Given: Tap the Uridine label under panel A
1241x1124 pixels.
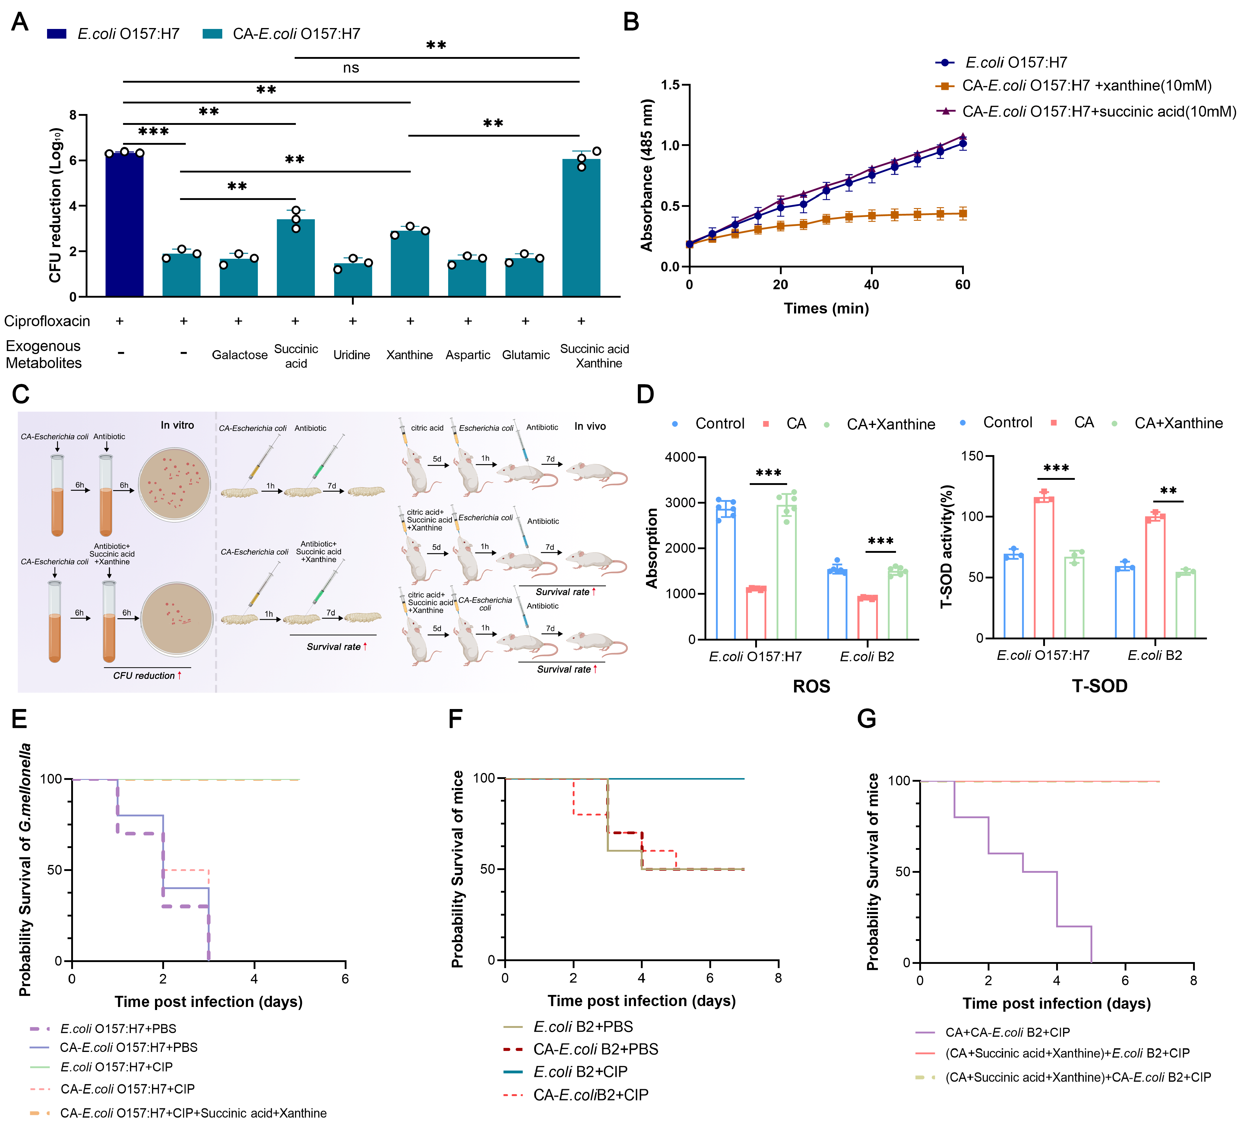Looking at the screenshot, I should pyautogui.click(x=352, y=355).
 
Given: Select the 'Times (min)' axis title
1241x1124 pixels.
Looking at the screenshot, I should pyautogui.click(x=826, y=309).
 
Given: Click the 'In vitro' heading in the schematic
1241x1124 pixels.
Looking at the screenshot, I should pyautogui.click(x=177, y=425).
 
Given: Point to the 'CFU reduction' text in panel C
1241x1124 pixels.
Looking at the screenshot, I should pyautogui.click(x=144, y=676).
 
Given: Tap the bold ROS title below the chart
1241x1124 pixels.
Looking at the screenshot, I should pyautogui.click(x=811, y=686).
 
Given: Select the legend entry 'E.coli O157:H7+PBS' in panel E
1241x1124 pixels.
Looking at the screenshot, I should pyautogui.click(x=118, y=1029).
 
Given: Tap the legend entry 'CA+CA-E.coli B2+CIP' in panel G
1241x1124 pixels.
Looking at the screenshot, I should pyautogui.click(x=1007, y=1032).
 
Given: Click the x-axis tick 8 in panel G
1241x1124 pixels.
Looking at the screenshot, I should pyautogui.click(x=1193, y=980).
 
